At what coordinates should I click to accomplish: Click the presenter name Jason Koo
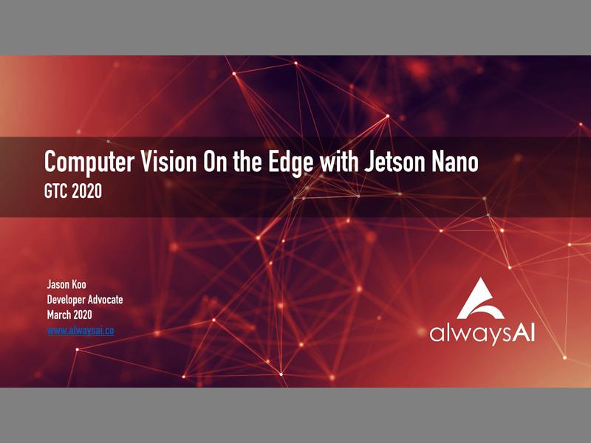coord(64,283)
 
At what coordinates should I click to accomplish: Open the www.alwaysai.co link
coord(80,331)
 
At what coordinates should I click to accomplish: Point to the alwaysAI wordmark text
coord(482,334)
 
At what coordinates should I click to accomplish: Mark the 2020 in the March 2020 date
coord(87,315)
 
